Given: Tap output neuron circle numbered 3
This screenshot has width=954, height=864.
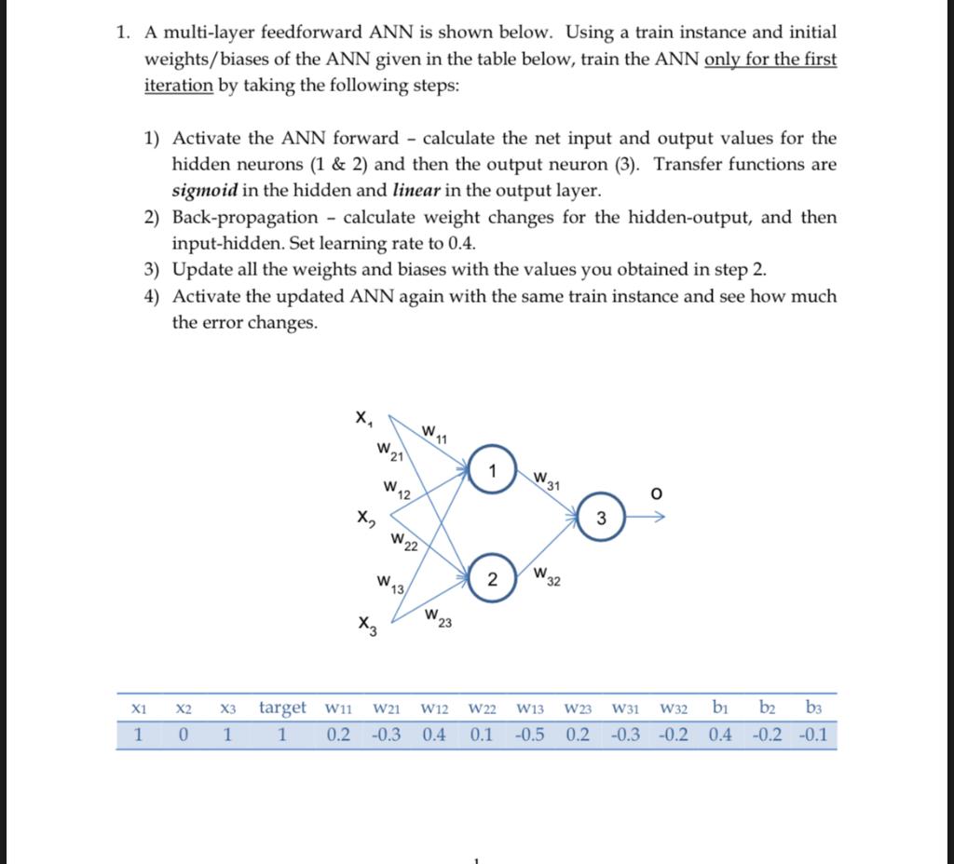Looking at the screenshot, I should coord(602,519).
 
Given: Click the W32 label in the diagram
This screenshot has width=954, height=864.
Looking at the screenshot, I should coord(547,578).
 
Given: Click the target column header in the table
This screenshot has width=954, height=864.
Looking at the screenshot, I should coord(282,708).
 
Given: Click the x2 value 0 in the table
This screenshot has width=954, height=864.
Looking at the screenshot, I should coord(184,736).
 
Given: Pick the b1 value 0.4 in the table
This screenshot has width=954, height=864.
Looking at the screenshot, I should coord(720,736).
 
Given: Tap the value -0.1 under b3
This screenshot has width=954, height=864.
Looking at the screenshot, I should coord(815,736).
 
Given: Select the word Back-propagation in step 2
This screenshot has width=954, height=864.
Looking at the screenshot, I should coord(245,218).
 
